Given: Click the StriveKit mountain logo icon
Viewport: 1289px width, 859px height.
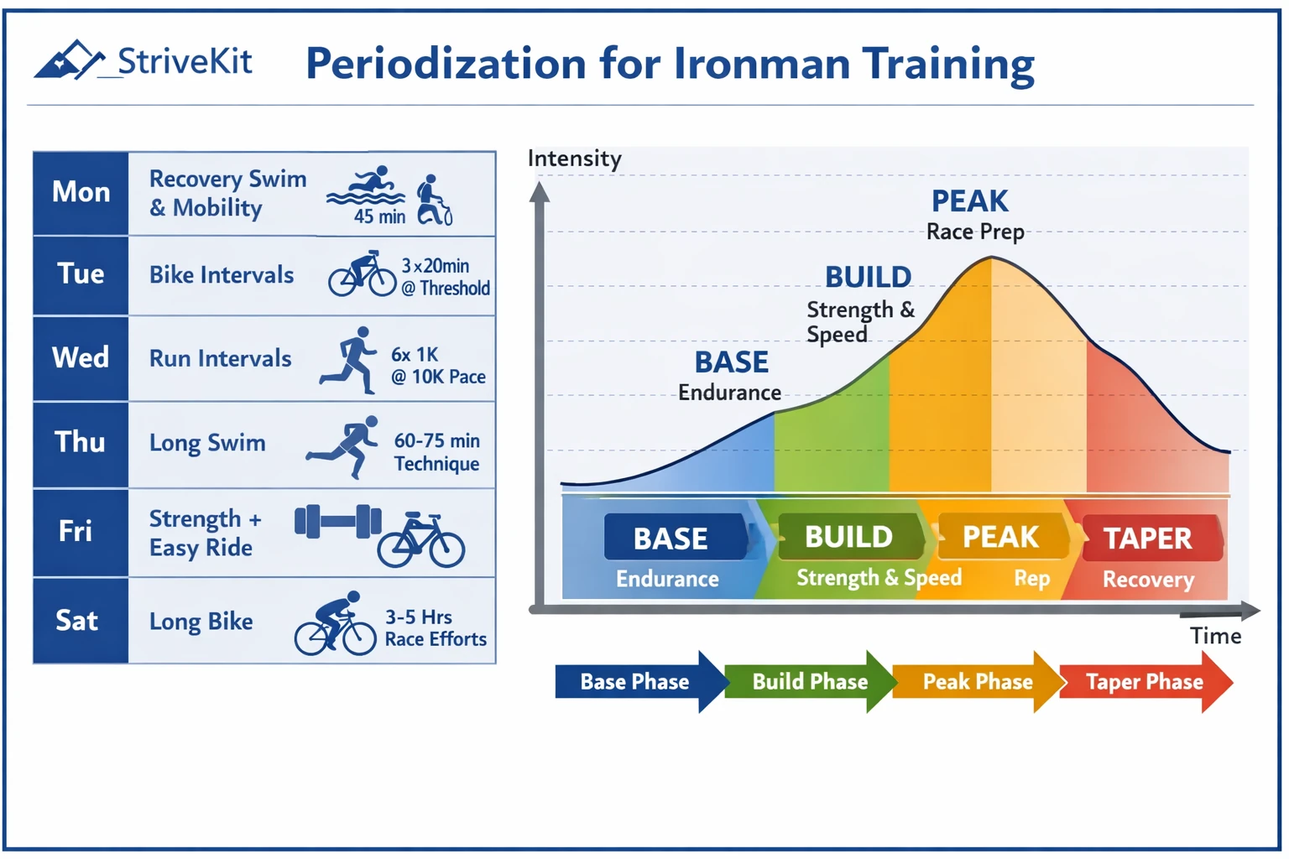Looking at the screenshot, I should pos(69,60).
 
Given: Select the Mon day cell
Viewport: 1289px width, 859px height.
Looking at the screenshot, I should pos(81,192).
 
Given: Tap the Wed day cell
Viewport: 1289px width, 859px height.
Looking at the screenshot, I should pos(81,357).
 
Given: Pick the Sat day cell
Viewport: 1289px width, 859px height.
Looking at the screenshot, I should pos(78,621).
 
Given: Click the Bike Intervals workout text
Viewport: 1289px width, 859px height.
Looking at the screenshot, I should pos(222,275).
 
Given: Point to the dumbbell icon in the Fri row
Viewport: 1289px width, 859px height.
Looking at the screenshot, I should pos(337,521).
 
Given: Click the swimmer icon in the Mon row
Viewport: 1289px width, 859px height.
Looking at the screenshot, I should pos(367,188).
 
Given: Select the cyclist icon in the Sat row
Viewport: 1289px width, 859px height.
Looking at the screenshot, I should pos(335,624).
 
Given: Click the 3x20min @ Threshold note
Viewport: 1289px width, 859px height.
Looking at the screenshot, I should pos(446,277).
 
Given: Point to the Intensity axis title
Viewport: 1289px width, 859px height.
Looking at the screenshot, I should pos(574,159).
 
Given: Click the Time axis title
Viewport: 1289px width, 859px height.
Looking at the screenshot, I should pos(1215,637).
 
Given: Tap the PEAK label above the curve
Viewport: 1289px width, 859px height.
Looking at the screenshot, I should pos(970,201).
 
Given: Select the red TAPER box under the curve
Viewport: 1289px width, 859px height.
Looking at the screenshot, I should pos(1148,538).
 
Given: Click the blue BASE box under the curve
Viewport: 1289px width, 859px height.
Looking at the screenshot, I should pos(671,538).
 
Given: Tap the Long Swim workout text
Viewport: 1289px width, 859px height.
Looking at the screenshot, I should pos(207,443).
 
